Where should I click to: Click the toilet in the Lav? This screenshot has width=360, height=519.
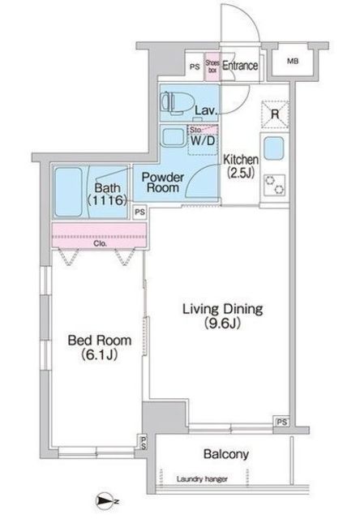(x=171, y=103)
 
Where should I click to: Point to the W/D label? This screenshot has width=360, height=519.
(x=203, y=141)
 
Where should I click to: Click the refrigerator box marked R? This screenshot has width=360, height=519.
(x=275, y=114)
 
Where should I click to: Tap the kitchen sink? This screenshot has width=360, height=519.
(x=274, y=149)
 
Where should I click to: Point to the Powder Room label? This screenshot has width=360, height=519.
(x=163, y=183)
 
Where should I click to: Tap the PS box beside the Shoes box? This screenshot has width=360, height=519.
(x=194, y=66)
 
